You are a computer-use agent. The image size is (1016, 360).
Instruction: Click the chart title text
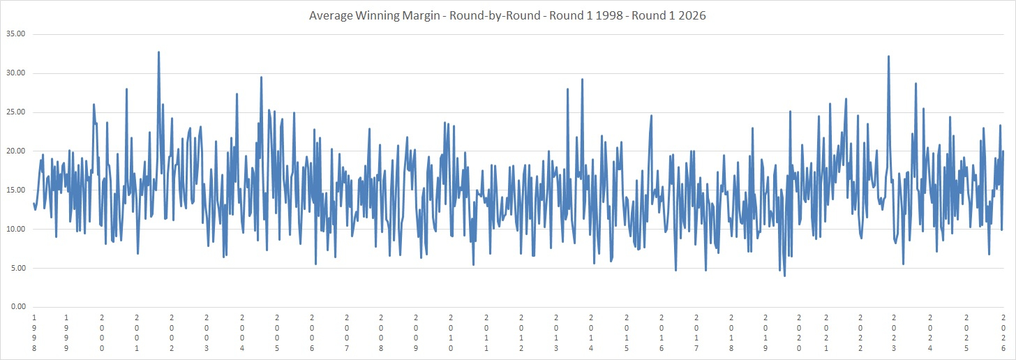507,15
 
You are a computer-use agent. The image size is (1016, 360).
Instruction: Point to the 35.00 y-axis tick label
15,34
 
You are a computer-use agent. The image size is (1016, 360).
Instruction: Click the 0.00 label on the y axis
17,307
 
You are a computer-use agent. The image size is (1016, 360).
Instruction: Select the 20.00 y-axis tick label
15,151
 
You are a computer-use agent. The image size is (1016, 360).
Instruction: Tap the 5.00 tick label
17,268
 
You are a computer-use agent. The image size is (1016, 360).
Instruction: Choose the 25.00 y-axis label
15,112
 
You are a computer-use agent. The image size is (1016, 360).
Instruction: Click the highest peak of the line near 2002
158,52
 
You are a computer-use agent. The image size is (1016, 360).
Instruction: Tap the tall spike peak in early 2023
888,57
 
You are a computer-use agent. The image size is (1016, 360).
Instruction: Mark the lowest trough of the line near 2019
784,276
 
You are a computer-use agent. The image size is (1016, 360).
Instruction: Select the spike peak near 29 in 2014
582,80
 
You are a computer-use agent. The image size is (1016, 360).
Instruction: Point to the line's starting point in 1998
33,203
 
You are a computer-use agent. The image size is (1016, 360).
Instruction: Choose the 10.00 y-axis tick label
15,229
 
